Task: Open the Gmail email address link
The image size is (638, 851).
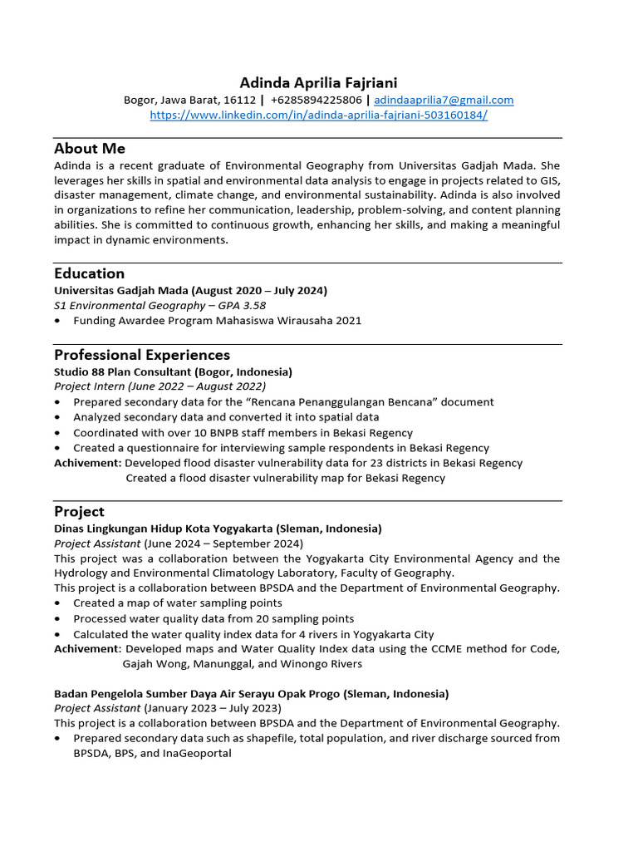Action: [x=444, y=100]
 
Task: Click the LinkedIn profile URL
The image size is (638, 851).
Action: [x=318, y=115]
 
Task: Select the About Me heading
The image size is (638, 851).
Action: [x=90, y=149]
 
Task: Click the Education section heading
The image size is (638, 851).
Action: [x=89, y=273]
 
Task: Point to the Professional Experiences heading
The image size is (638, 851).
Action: [x=142, y=355]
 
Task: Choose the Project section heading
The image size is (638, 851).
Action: [x=79, y=511]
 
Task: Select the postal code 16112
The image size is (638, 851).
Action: [x=240, y=100]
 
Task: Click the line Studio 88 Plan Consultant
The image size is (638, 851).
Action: [x=173, y=371]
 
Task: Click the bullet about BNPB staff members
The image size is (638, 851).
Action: [x=243, y=433]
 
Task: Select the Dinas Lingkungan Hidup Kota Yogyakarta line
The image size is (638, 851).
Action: [x=218, y=529]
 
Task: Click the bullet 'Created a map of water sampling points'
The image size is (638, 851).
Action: [x=177, y=603]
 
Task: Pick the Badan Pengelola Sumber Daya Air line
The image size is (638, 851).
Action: [x=251, y=693]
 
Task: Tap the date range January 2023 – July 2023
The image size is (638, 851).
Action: [x=212, y=708]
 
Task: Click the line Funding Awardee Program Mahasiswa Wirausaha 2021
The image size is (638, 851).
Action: [x=217, y=321]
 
